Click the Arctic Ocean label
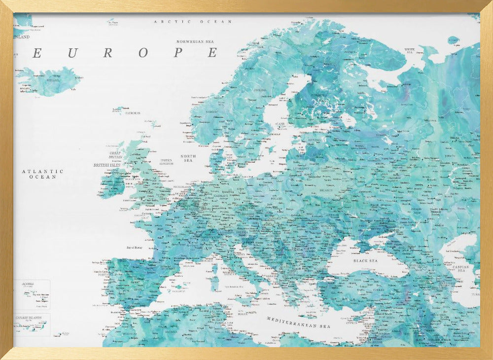tap(193, 22)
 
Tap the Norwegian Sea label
tap(197, 42)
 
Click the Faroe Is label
tap(133, 113)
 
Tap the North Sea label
tap(188, 158)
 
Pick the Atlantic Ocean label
tap(42, 174)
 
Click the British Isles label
tap(107, 165)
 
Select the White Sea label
tap(410, 50)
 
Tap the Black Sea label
tap(365, 260)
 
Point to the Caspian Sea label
tap(462, 268)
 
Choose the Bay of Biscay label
tap(137, 247)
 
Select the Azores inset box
tap(32, 294)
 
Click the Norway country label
tap(211, 112)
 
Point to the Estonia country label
tap(314, 140)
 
